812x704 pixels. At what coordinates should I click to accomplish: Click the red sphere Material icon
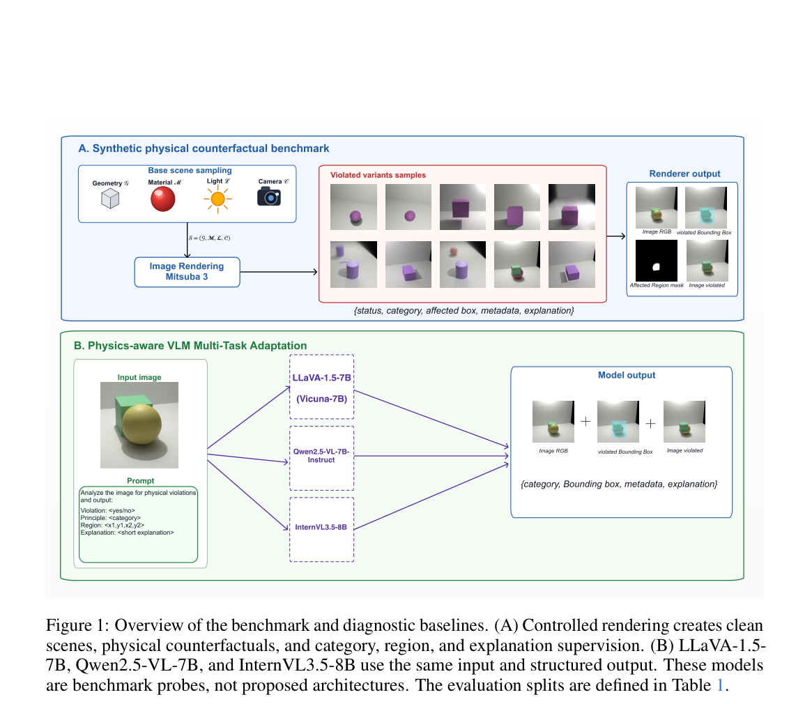click(x=162, y=199)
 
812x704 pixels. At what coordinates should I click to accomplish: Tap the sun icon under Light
click(x=217, y=199)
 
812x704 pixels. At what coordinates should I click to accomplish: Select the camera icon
click(x=269, y=197)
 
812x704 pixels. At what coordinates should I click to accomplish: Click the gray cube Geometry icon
click(x=110, y=199)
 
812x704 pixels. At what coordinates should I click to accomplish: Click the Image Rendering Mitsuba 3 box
click(x=187, y=272)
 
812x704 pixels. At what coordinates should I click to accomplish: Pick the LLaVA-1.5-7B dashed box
click(x=321, y=387)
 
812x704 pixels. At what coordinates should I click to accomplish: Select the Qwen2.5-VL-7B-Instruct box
click(x=321, y=458)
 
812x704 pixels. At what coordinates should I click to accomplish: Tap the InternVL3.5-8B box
click(x=321, y=530)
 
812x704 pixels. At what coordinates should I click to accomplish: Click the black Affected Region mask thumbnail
click(x=656, y=261)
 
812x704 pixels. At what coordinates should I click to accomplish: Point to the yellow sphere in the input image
click(x=141, y=424)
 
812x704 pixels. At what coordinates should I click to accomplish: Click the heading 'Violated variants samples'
click(x=378, y=175)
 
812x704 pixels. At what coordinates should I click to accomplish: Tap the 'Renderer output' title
click(x=684, y=174)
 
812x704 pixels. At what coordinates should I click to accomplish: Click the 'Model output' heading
click(x=627, y=375)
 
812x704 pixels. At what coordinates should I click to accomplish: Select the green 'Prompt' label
click(x=140, y=481)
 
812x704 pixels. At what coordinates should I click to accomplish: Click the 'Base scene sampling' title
click(x=190, y=171)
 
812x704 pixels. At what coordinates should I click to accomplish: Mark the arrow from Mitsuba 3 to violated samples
click(x=279, y=272)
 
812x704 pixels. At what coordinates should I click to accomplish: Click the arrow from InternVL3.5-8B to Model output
click(x=431, y=496)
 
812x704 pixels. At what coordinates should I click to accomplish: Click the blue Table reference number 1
click(x=719, y=685)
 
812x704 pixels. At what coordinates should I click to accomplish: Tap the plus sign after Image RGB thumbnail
click(x=585, y=422)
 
